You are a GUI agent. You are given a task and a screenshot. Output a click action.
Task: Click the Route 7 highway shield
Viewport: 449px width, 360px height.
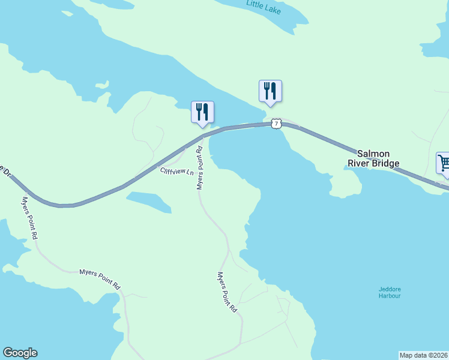(x=276, y=124)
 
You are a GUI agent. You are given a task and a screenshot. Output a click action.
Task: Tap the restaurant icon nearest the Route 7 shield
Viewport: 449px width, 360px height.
(x=270, y=91)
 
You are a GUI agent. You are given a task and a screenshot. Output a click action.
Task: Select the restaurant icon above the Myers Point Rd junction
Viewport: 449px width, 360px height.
(x=202, y=112)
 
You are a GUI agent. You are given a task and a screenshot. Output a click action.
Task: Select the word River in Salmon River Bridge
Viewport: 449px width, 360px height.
(x=358, y=163)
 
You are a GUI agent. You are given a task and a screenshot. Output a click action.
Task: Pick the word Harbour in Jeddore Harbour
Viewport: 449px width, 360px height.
(x=390, y=296)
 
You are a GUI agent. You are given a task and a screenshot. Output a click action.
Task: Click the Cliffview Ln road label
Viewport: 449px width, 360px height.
(x=177, y=172)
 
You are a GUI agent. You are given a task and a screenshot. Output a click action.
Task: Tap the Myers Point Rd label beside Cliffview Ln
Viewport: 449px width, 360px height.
(x=201, y=169)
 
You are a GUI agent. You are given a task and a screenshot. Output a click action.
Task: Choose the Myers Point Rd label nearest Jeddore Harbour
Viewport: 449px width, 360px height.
(x=227, y=292)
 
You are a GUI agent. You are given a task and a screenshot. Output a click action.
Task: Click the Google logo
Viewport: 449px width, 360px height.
(x=20, y=353)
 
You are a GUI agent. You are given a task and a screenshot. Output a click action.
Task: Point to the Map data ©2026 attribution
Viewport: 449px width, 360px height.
(x=424, y=355)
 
